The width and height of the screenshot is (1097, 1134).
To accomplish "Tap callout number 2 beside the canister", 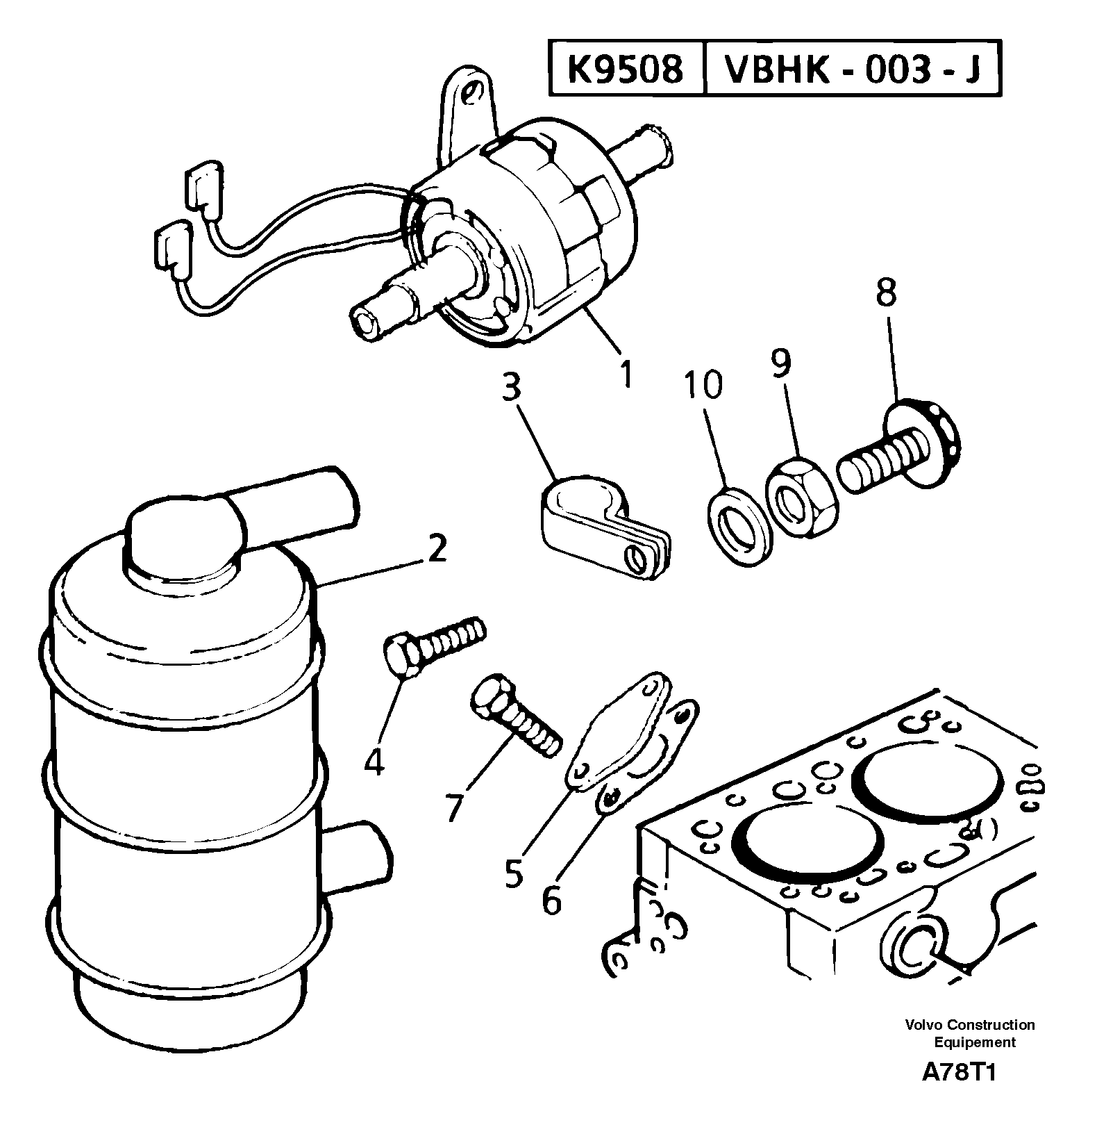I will click(437, 550).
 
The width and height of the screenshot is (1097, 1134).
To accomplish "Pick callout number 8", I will click(885, 294).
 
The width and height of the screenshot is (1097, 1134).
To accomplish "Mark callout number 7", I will click(453, 807).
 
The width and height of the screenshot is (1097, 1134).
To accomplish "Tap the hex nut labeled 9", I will click(803, 494).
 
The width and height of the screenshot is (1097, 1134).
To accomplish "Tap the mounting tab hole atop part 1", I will click(474, 92).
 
